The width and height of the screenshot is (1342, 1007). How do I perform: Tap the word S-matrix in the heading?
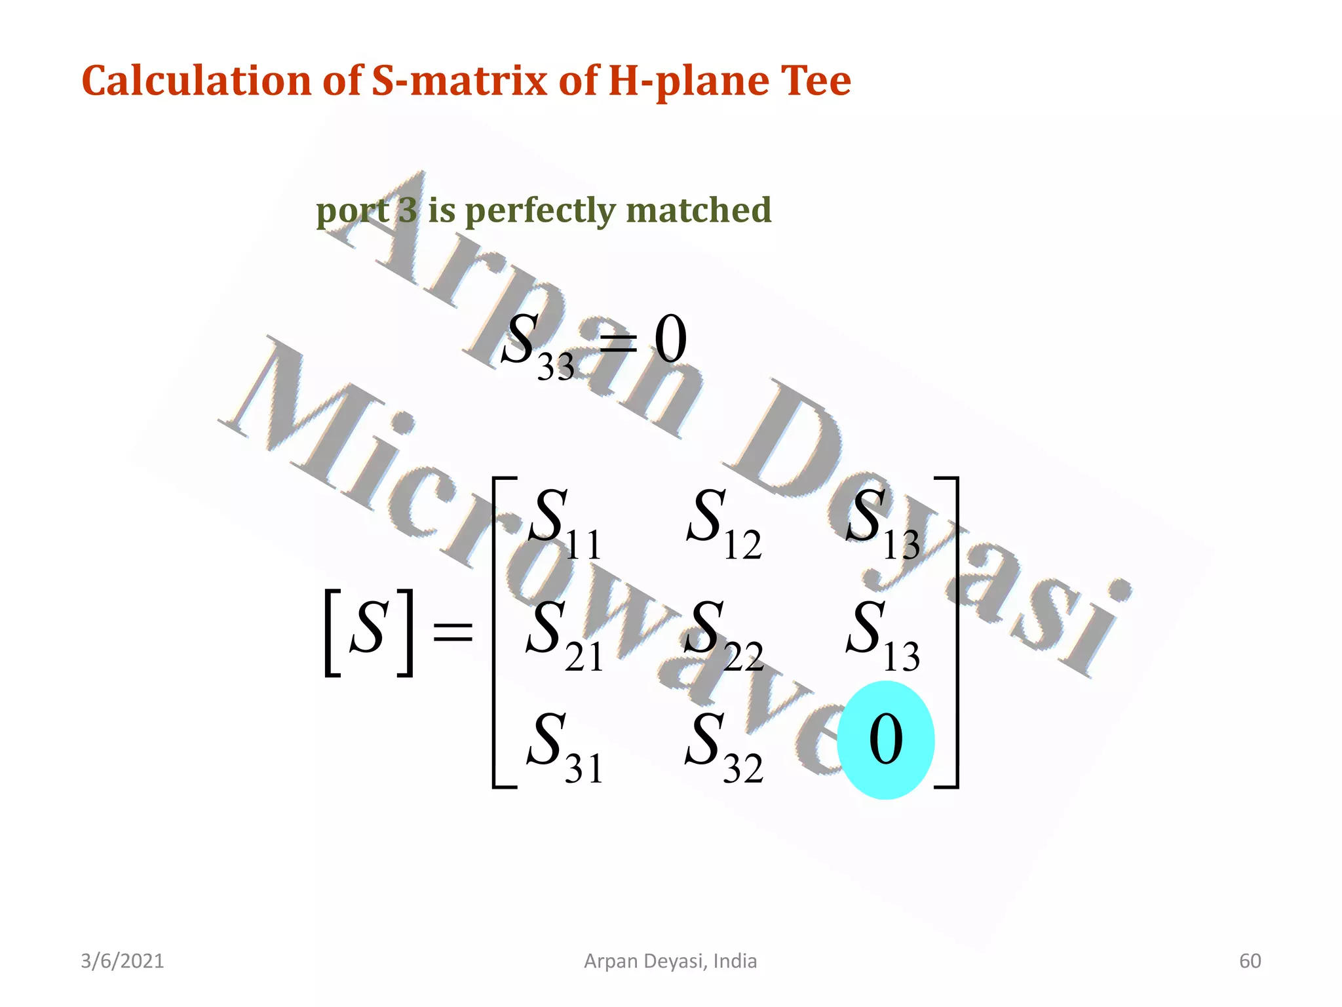[459, 81]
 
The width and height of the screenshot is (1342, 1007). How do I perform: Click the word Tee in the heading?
[815, 81]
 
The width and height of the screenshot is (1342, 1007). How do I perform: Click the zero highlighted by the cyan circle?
[886, 740]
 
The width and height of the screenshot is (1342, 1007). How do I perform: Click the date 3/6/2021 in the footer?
[123, 961]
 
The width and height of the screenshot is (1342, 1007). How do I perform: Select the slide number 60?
[1250, 961]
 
